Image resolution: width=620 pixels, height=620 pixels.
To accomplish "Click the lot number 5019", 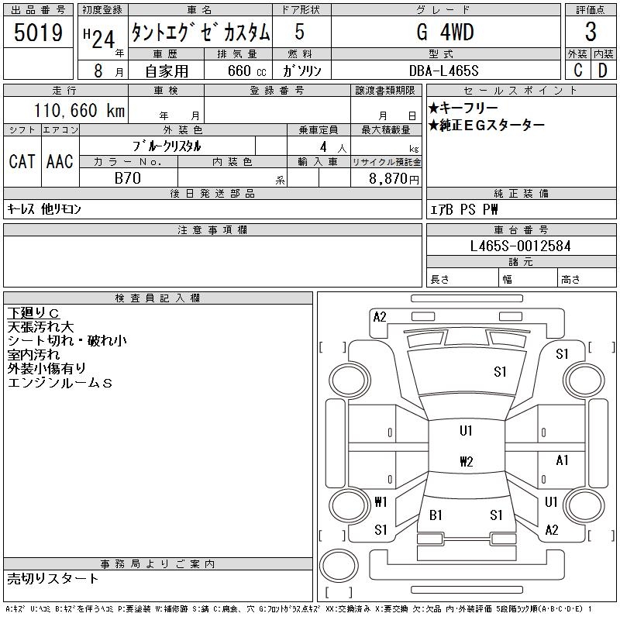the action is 38,33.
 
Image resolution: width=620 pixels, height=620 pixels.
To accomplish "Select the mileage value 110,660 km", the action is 80,110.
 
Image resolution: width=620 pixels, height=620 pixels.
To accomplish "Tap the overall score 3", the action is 591,32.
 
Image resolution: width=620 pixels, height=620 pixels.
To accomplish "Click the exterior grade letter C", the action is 577,71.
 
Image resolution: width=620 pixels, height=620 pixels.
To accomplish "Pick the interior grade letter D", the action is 603,71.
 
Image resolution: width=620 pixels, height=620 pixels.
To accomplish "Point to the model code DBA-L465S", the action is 443,71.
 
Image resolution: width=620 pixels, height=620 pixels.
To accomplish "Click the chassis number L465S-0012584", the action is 520,246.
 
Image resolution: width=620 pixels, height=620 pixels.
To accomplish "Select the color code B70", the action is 128,178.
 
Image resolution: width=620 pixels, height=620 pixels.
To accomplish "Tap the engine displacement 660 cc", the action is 246,71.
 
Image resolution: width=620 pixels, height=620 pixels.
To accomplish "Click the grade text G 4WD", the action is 445,32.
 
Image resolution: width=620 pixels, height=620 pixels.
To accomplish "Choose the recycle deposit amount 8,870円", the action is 394,179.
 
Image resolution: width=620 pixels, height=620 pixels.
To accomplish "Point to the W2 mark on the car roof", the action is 467,461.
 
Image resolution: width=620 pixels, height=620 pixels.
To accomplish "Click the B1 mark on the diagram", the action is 436,515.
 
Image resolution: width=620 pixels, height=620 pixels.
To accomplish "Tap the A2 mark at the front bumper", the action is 380,317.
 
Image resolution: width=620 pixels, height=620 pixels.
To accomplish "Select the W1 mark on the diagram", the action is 381,502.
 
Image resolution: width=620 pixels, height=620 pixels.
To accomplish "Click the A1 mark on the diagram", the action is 562,460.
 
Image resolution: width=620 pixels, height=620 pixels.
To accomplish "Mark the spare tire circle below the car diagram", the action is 339,566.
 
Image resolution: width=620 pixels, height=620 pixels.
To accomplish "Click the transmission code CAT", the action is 22,162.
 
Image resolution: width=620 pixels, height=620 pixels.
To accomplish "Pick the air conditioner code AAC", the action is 60,162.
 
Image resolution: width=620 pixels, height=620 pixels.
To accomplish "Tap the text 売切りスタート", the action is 53,579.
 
